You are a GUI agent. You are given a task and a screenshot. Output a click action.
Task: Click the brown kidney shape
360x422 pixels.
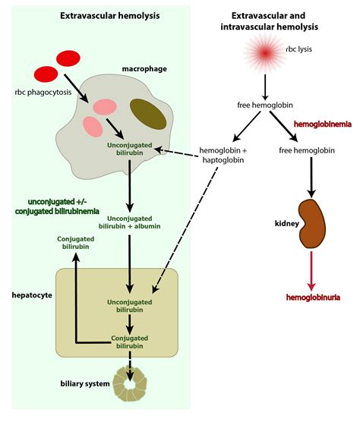tap(313, 221)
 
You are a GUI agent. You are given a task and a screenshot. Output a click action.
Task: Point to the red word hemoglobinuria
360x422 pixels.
tap(313, 298)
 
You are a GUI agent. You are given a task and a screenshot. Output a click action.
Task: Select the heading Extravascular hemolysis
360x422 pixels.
tap(99, 15)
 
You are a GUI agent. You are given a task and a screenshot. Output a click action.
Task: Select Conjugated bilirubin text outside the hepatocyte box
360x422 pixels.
tap(76, 244)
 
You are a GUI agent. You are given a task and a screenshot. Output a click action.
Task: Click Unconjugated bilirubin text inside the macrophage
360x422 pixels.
tap(131, 149)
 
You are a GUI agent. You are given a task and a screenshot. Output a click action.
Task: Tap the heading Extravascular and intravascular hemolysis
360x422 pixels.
tap(274, 20)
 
